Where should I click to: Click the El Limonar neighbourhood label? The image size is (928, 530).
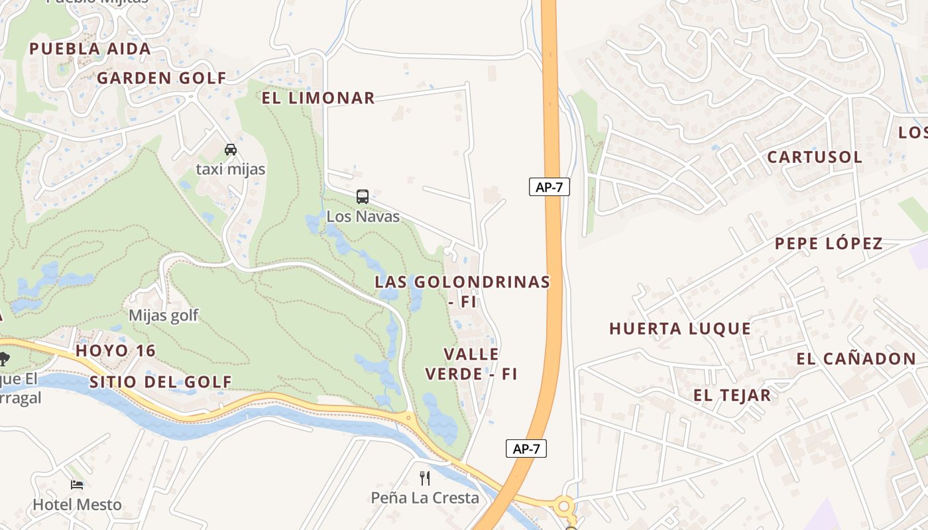[x=318, y=98]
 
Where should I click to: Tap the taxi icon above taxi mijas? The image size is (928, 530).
[x=231, y=150]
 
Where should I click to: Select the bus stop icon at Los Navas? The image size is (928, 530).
[x=363, y=197]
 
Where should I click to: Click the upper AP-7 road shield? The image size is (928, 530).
[x=549, y=187]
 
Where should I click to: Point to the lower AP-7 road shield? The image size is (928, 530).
[x=526, y=449]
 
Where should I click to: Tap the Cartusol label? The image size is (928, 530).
[x=815, y=157]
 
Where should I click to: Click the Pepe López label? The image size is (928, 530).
[x=829, y=243]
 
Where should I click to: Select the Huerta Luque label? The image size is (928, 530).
[x=680, y=329]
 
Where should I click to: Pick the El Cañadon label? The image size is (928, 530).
[x=856, y=359]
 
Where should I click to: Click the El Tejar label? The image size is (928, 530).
[x=732, y=396]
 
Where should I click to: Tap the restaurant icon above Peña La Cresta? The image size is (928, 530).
[x=425, y=478]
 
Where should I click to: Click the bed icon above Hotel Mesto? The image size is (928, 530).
[x=77, y=485]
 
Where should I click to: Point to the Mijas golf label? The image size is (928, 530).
[x=163, y=315]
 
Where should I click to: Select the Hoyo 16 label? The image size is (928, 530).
[x=115, y=350]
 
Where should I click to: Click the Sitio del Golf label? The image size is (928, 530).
[x=160, y=382]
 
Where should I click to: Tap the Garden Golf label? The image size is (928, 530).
[x=162, y=78]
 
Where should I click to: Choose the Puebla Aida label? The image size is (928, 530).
[x=90, y=48]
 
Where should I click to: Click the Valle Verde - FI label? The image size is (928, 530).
[x=471, y=364]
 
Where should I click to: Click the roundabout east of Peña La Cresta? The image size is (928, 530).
[x=564, y=507]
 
